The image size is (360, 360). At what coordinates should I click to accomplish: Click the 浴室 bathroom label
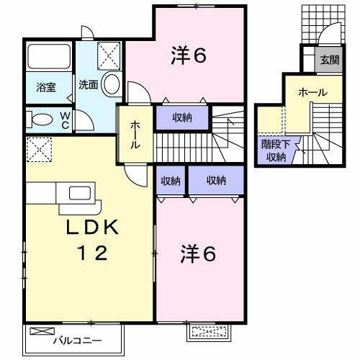click(46, 88)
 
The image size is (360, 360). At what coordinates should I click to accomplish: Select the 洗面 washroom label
click(89, 83)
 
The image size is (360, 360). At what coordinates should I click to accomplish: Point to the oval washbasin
click(111, 83)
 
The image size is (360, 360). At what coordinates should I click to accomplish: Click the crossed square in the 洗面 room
click(109, 53)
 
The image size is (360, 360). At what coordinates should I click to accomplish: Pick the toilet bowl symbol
click(42, 120)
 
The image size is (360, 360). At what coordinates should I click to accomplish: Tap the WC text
click(64, 119)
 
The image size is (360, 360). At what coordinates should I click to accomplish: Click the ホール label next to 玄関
click(312, 93)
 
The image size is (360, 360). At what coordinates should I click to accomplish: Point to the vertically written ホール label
click(135, 135)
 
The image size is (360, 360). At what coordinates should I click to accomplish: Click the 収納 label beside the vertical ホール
click(182, 117)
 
